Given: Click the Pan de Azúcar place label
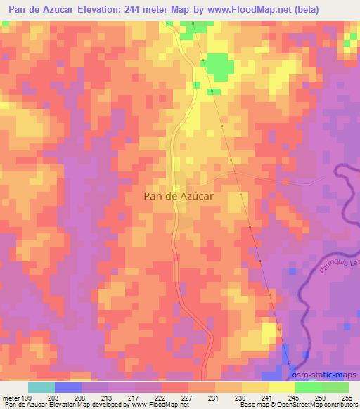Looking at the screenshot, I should click(179, 197).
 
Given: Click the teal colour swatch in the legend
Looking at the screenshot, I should click(41, 387).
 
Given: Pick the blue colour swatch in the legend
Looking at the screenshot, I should click(68, 387).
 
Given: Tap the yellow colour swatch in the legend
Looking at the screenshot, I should click(282, 387).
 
